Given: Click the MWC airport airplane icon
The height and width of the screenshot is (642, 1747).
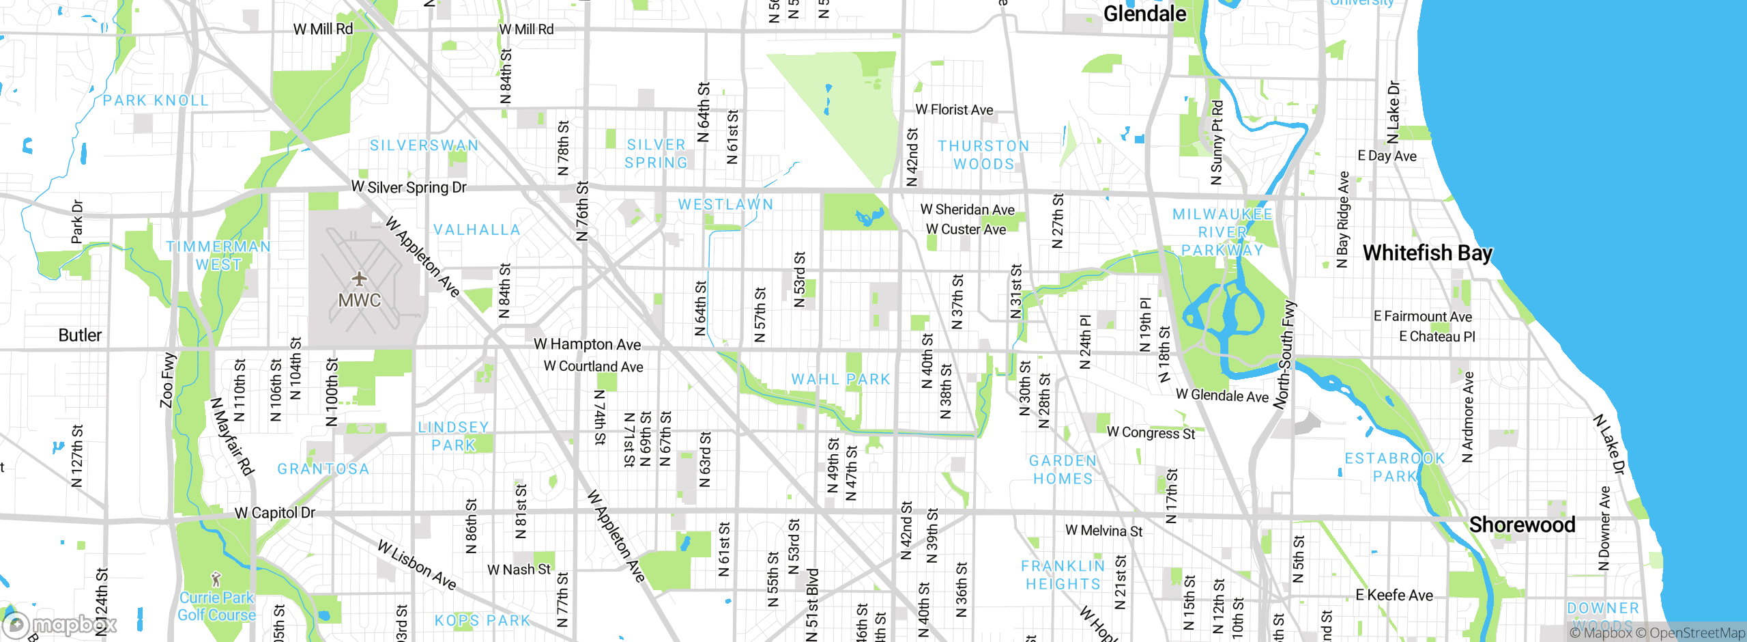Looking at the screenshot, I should coord(359,279).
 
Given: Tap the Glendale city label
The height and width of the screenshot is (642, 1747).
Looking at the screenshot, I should coord(1144,14).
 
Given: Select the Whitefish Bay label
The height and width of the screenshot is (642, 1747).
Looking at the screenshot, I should coord(1427,253).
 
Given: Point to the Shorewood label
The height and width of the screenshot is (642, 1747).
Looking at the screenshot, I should coord(1522,525).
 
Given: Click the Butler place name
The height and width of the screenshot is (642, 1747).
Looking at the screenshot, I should coord(80,335).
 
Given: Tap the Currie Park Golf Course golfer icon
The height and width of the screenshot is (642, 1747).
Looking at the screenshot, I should coord(216,579).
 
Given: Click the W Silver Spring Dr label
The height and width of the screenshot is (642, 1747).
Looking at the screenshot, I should coord(409,187).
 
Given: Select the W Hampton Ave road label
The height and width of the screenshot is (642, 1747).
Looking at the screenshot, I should coord(587,344).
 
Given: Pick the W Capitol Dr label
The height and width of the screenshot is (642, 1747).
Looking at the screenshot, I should coord(275,513).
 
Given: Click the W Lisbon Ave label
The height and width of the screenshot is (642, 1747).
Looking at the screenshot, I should coord(416,565).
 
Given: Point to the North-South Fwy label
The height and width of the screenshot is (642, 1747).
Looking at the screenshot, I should coord(1285,355).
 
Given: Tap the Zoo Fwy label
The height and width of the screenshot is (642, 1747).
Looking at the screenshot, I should coord(168,380).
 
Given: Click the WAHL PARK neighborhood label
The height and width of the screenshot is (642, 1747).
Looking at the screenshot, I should coord(841,380).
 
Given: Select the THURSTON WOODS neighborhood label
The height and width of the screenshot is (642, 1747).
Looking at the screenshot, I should coord(983,155).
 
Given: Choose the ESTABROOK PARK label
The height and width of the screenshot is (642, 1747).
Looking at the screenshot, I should coord(1395,467).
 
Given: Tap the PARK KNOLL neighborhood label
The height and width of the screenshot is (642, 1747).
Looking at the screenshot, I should coord(156,101).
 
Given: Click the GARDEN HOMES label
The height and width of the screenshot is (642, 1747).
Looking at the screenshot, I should coord(1063,470).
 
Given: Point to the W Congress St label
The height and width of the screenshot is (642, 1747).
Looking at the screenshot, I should coord(1151,433).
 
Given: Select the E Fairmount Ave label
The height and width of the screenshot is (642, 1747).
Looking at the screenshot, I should coord(1423,316).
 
